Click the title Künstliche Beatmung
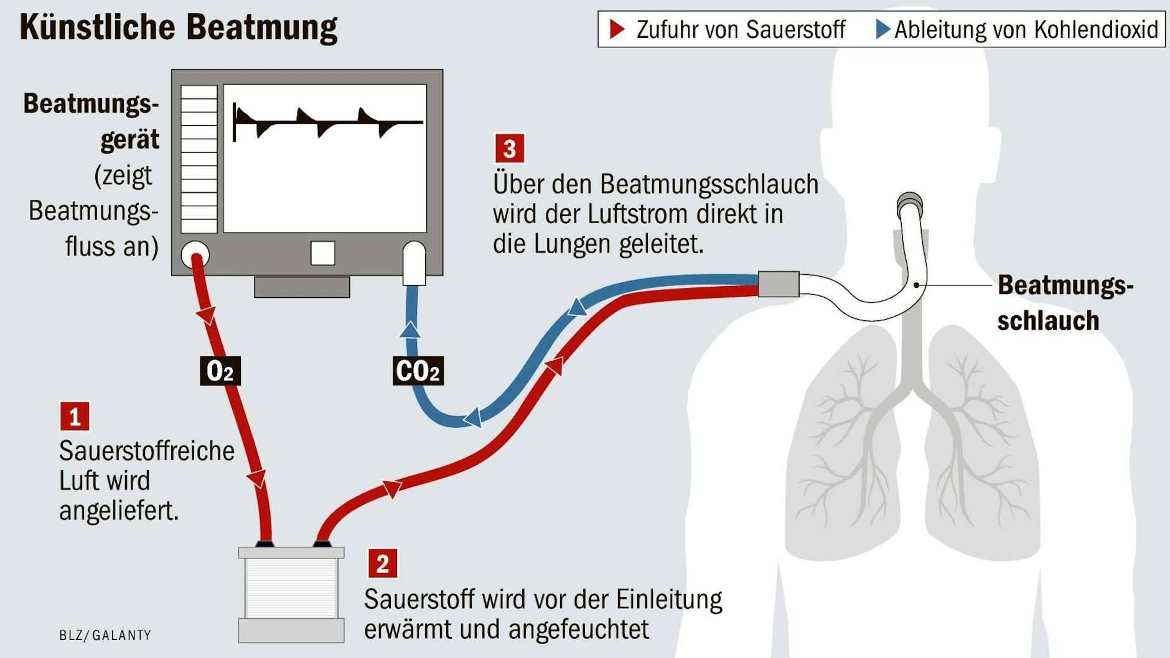178,28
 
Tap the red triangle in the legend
616,29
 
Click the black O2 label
220,371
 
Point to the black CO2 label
418,371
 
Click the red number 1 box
75,417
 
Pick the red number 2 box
382,563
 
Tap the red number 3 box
509,149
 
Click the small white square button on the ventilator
322,253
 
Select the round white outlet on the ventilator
195,254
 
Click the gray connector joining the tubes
778,284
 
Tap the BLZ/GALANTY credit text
105,635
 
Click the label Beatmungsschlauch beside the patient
1064,303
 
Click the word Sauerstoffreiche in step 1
147,451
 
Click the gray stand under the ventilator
302,287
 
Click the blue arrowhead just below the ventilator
409,329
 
